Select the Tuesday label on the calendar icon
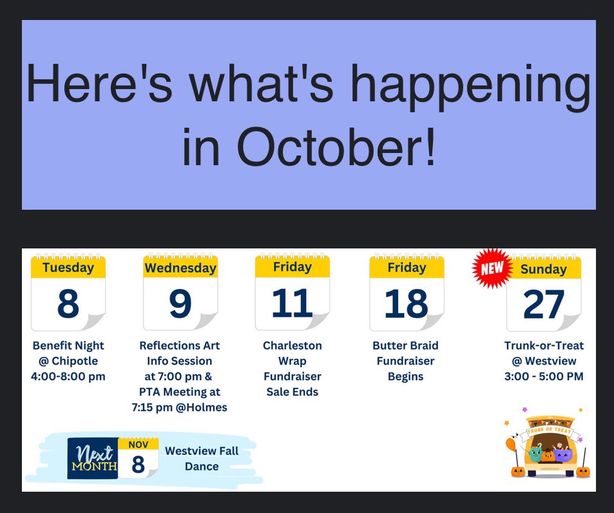click(68, 267)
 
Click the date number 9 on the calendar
click(180, 303)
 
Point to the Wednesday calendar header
click(180, 268)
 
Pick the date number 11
click(292, 303)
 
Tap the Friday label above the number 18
click(407, 267)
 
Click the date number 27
click(544, 304)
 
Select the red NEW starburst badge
click(493, 268)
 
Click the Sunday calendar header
click(543, 269)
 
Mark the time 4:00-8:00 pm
click(68, 376)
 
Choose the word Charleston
click(292, 345)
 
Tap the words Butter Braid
click(406, 345)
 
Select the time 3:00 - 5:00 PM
click(544, 376)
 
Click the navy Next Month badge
click(92, 458)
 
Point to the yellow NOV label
click(138, 445)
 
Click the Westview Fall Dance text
click(201, 458)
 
